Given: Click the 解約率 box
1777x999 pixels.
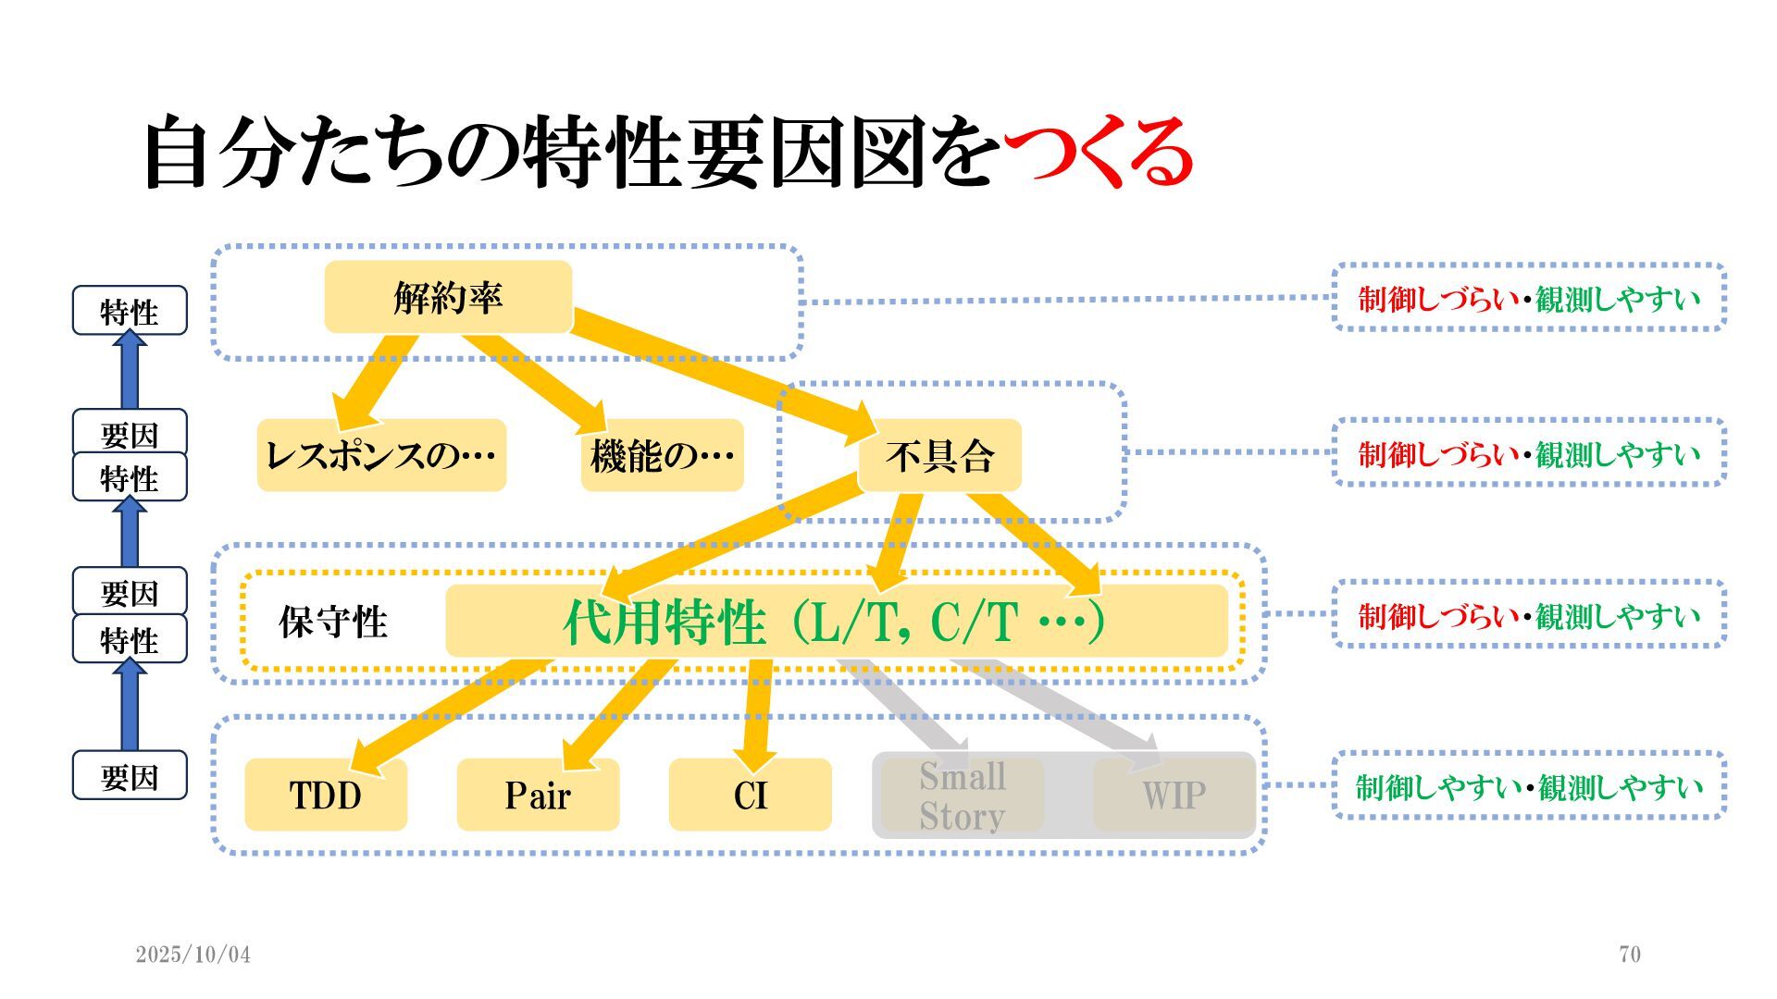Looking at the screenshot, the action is (448, 297).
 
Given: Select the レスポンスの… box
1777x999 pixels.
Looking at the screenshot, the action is (381, 455).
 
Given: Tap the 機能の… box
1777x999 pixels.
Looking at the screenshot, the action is (662, 455).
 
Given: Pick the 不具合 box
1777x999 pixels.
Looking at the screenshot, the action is (939, 455).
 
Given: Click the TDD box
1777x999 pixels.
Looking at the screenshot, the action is (326, 795).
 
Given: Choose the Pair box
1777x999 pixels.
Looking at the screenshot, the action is (538, 795).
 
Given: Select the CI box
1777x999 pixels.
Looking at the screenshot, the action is (750, 795).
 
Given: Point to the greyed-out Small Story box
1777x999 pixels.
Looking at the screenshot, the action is (963, 795).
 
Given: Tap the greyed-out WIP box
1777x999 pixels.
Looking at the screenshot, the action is (1174, 795).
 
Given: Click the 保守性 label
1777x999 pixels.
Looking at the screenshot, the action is (333, 622).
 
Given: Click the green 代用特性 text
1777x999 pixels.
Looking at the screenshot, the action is (665, 622).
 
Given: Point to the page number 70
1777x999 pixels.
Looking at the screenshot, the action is (1630, 954).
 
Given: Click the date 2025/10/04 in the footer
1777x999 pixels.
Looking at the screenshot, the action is (193, 954).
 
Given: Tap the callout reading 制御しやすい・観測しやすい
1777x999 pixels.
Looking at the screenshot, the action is (1529, 786).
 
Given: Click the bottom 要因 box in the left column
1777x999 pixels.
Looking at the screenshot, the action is (130, 776).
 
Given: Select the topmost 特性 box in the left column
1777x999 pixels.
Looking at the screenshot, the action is (130, 311).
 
